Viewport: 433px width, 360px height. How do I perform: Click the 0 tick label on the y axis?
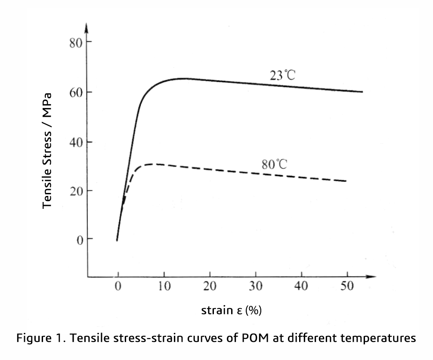(79, 240)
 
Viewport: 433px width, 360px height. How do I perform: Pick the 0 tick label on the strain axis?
(118, 286)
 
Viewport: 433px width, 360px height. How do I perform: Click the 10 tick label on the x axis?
(164, 286)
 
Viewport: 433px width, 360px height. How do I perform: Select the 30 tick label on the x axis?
(256, 286)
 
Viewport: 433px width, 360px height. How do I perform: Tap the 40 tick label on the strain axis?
(301, 286)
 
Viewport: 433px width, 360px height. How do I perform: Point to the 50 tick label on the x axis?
(347, 286)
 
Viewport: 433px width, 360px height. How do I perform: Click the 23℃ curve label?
(282, 76)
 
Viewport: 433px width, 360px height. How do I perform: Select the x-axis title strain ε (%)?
(231, 310)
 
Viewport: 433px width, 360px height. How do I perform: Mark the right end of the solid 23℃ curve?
(362, 92)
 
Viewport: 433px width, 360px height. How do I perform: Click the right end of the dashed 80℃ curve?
(346, 181)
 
